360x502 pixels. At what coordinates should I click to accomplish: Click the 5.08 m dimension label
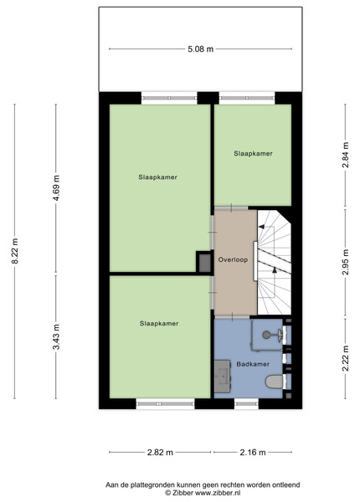click(x=200, y=49)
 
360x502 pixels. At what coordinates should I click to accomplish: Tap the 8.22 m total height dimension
click(x=15, y=251)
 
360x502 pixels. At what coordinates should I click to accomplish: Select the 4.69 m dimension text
click(x=56, y=188)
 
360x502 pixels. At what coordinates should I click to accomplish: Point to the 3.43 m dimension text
click(x=56, y=337)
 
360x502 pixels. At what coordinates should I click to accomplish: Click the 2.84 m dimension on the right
click(x=345, y=155)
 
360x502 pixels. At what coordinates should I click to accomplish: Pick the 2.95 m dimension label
click(x=345, y=262)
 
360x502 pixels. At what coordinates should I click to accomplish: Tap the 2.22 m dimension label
click(x=345, y=358)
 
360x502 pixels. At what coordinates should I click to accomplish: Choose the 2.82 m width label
click(x=160, y=453)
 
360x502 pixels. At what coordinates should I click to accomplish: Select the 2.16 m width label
click(x=253, y=453)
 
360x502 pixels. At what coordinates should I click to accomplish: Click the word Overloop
click(x=233, y=259)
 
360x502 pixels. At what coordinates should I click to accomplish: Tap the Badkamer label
click(x=253, y=364)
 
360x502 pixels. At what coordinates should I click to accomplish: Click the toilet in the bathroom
click(x=275, y=382)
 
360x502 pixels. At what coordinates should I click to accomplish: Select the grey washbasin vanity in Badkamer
click(x=222, y=376)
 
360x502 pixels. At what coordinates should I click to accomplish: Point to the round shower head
click(x=266, y=335)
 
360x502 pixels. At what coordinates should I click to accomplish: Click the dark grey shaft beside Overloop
click(x=204, y=262)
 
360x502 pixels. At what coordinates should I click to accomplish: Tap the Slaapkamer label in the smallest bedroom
click(x=253, y=153)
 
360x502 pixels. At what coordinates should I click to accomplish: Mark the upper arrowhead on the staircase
click(x=261, y=227)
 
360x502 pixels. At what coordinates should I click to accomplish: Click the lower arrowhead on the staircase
click(x=275, y=270)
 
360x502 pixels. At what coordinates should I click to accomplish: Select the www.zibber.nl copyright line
click(x=203, y=493)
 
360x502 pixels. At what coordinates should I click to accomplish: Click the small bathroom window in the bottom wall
click(x=246, y=404)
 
